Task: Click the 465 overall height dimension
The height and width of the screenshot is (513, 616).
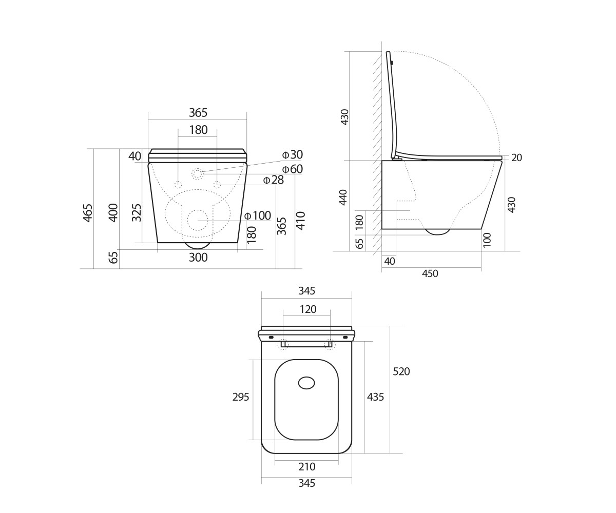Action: pyautogui.click(x=88, y=213)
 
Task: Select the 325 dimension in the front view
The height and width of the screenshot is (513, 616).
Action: pyautogui.click(x=137, y=212)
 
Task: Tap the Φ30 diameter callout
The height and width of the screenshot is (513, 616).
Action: pyautogui.click(x=293, y=154)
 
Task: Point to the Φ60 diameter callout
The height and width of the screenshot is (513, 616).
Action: pyautogui.click(x=293, y=169)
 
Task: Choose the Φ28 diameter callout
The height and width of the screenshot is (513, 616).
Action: pyautogui.click(x=273, y=180)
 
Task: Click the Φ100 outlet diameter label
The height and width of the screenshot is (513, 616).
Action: pyautogui.click(x=258, y=216)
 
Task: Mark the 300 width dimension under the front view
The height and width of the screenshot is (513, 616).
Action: pyautogui.click(x=198, y=258)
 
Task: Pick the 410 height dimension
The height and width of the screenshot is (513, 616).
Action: pyautogui.click(x=301, y=221)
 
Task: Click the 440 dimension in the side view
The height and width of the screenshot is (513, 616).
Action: pyautogui.click(x=343, y=197)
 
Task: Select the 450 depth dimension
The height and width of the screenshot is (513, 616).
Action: pyautogui.click(x=430, y=273)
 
